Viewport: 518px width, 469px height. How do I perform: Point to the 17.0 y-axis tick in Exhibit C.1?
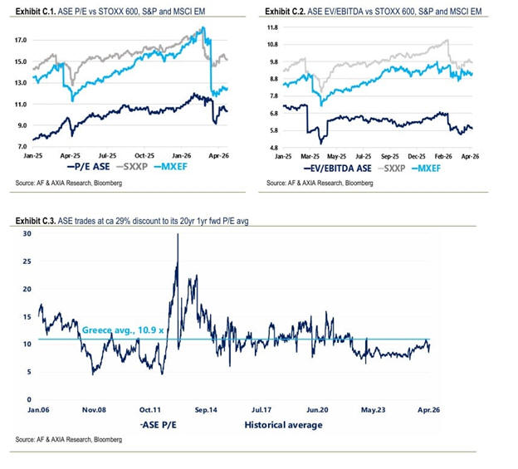[21, 40]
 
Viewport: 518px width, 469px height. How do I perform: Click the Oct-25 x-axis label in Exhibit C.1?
[146, 155]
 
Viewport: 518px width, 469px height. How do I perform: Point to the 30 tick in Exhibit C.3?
[26, 234]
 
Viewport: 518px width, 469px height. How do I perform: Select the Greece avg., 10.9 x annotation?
[115, 330]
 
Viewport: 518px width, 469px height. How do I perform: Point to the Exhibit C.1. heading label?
[37, 11]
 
